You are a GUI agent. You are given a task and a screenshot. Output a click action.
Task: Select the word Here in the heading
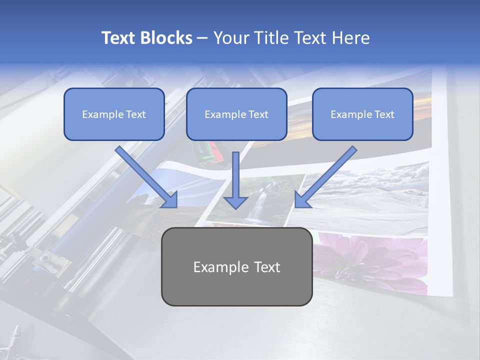click(350, 38)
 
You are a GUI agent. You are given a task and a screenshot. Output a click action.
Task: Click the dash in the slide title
click(202, 38)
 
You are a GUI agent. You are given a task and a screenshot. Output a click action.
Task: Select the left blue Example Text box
click(114, 114)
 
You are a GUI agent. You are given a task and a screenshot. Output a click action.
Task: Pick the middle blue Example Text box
click(236, 114)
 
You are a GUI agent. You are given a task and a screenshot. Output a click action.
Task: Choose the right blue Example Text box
click(362, 114)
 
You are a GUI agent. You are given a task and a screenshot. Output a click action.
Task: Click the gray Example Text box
click(236, 266)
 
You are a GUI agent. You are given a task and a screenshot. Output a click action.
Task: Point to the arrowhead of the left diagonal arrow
click(170, 200)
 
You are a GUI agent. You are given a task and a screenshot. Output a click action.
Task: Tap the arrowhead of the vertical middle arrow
click(235, 202)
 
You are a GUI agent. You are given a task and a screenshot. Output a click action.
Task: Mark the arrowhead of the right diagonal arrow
click(302, 200)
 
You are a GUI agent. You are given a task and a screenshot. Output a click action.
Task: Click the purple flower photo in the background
click(370, 260)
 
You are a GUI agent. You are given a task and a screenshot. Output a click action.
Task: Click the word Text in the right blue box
click(384, 114)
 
